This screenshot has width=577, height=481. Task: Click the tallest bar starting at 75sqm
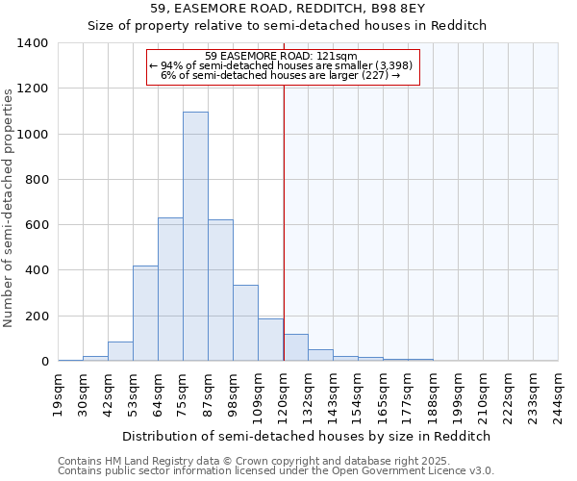tap(195, 237)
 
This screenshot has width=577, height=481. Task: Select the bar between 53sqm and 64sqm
tap(145, 314)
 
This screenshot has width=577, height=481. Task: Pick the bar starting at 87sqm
tap(220, 291)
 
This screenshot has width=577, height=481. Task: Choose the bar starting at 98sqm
tap(245, 323)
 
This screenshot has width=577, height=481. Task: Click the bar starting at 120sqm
tap(295, 347)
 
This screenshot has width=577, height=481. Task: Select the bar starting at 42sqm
tap(120, 351)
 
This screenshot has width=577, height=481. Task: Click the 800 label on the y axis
tap(38, 180)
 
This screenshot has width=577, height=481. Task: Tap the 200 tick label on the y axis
tap(38, 316)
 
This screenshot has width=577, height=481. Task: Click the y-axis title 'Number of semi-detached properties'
tap(10, 207)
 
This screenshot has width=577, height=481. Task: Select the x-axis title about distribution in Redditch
tap(308, 436)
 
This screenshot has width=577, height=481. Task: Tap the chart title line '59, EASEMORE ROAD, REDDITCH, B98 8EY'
tap(288, 9)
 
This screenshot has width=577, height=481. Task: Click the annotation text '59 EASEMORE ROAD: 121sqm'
tap(283, 56)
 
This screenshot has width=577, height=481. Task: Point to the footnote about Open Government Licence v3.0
tap(276, 471)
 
